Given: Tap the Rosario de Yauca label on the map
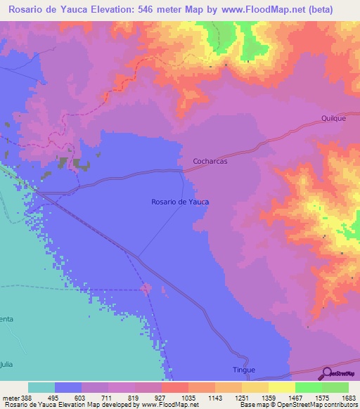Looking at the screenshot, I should coord(180,202).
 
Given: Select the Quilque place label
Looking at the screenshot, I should coord(333,118).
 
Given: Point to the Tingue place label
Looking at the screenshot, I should coord(243,370).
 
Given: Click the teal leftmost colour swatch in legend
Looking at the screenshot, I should coord(41,387).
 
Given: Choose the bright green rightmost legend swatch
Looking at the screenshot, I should coord(335,387).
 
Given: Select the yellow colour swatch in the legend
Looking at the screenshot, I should coord(281,387).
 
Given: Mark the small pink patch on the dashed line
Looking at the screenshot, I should coord(146,287).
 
